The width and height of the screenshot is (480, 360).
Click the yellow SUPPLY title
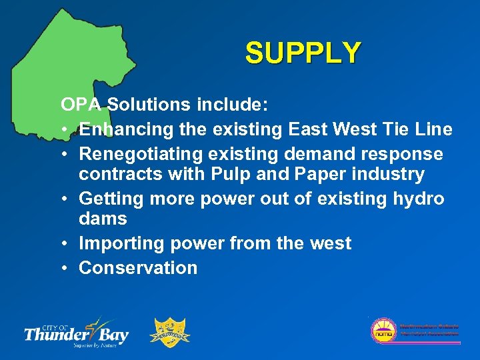(303, 53)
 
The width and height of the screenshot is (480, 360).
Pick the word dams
(103, 219)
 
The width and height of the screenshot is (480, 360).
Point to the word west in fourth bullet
(330, 243)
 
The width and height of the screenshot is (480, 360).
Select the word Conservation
(138, 268)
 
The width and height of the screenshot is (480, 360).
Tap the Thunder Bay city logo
(77, 331)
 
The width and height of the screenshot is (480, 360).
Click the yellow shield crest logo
(172, 332)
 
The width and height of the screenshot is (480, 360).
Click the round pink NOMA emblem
(384, 331)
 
